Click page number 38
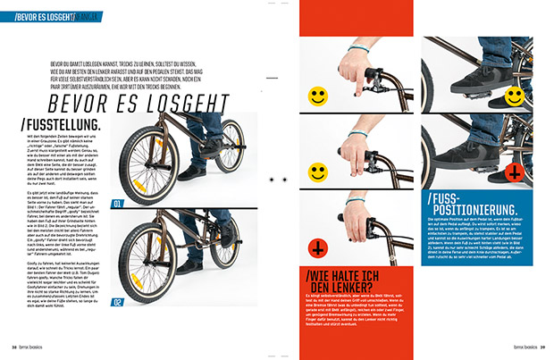point(15,347)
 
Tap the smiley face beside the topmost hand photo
point(318,94)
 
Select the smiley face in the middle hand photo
point(318,170)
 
